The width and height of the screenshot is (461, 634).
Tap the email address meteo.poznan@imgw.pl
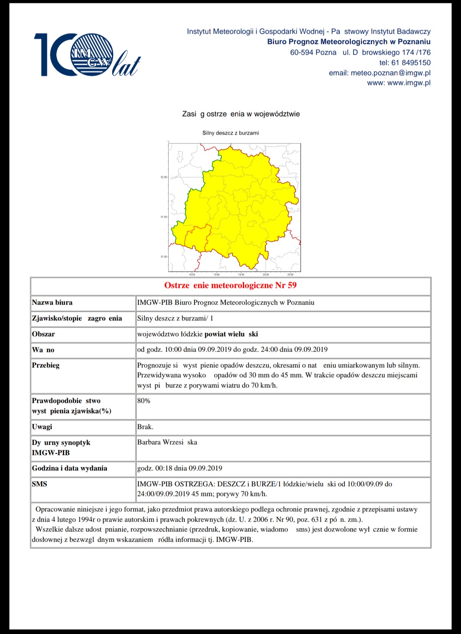point(390,73)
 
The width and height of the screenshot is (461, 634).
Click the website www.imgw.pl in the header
point(408,83)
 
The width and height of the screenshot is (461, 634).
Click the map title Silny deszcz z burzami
point(230,133)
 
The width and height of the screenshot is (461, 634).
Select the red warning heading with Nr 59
point(230,285)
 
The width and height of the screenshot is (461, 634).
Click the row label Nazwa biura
point(52,302)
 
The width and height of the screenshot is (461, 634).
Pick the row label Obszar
point(43,334)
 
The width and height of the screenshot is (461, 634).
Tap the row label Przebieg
point(46,365)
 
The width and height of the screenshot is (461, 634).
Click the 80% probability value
point(144,401)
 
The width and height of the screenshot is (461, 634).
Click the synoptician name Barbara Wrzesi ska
point(167,442)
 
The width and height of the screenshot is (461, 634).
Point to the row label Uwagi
point(42,427)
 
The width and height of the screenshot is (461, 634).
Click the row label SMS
point(39,484)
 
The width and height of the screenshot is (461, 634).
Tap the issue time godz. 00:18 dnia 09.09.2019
point(180,468)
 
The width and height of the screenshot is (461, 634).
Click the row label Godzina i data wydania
point(70,468)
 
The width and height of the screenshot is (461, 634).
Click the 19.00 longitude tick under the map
point(216,274)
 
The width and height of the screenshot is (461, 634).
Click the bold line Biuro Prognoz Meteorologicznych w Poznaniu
point(349,42)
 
